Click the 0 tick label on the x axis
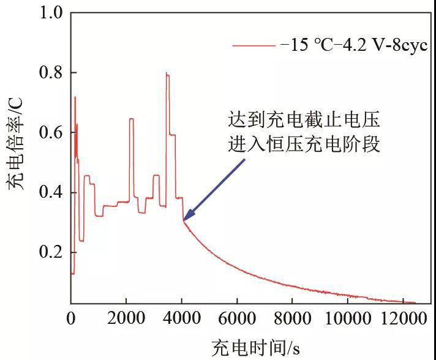click(x=71, y=318)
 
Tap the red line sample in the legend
click(x=253, y=46)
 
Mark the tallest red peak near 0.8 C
click(x=167, y=73)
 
